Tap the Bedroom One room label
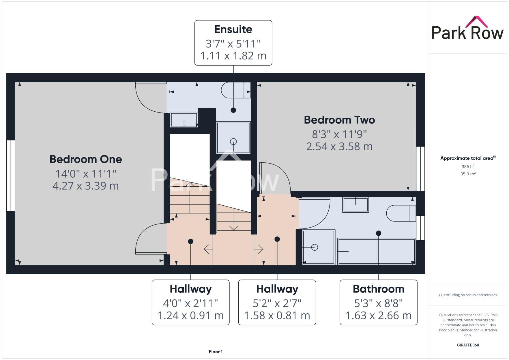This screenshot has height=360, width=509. [x=86, y=159]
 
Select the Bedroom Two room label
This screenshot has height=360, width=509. [x=339, y=120]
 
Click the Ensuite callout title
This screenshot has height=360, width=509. [x=233, y=29]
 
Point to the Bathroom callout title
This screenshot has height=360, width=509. [x=378, y=289]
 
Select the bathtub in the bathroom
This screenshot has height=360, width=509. [x=376, y=251]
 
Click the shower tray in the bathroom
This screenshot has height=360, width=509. [x=318, y=247]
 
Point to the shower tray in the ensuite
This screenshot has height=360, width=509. [x=233, y=138]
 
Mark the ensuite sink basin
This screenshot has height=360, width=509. [x=184, y=120]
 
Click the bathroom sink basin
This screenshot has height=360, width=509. [x=355, y=205]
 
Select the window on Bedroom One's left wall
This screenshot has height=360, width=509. [x=11, y=175]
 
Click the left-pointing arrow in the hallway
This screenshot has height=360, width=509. [x=208, y=249]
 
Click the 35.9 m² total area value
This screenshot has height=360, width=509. [x=468, y=174]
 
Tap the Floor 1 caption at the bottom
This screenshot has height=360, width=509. [x=216, y=351]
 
